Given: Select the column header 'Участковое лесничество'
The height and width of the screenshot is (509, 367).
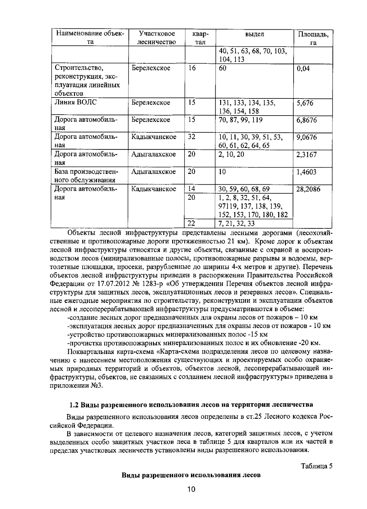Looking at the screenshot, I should tap(157, 38).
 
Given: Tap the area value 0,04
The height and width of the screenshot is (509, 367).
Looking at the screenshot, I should tap(303, 68).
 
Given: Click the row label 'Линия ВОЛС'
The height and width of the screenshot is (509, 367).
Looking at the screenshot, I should tap(76, 102).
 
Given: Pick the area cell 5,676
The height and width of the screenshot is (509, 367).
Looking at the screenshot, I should tap(305, 103).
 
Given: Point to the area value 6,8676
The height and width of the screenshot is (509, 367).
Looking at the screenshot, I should tap(306, 120).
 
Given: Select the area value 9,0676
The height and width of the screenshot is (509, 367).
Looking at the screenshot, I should tap(306, 137).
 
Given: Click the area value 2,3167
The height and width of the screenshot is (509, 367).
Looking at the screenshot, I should tap(306, 155).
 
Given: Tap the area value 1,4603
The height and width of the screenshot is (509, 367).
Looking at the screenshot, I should tap(306, 172).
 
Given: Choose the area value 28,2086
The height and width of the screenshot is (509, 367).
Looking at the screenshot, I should tap(308, 189).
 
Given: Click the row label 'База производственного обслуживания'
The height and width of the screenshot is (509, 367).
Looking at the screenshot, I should tap(86, 175).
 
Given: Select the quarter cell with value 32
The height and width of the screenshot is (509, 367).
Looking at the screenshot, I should tap(192, 137).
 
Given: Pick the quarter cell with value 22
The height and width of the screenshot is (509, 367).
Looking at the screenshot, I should tap(191, 223).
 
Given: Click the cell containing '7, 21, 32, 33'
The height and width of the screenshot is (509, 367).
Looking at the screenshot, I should tap(237, 224).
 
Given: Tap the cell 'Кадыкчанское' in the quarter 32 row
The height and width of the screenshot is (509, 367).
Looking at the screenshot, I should tap(154, 137).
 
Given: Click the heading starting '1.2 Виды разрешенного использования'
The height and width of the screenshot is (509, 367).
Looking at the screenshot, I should tap(191, 405).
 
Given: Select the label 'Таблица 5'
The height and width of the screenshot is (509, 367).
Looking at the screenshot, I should tap(317, 466).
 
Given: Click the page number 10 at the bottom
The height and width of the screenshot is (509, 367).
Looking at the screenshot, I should tap(191, 489).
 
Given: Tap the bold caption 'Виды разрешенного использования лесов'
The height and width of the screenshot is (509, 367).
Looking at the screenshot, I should tap(191, 475).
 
